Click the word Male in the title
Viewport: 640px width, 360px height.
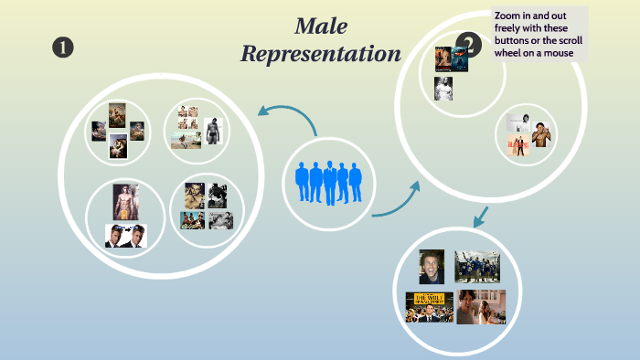[x=320, y=26]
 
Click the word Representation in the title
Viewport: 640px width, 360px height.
[x=320, y=54]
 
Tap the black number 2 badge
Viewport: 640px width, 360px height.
[x=469, y=43]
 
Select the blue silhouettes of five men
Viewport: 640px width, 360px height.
[x=329, y=181]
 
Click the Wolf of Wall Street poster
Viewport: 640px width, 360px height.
[x=429, y=307]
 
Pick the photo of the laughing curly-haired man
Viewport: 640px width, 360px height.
[x=432, y=267]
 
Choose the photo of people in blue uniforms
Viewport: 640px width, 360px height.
[x=477, y=266]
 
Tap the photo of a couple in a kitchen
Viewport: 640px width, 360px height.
[x=481, y=306]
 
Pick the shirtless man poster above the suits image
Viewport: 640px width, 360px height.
[x=125, y=201]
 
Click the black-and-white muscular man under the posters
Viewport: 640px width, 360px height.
[x=443, y=89]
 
